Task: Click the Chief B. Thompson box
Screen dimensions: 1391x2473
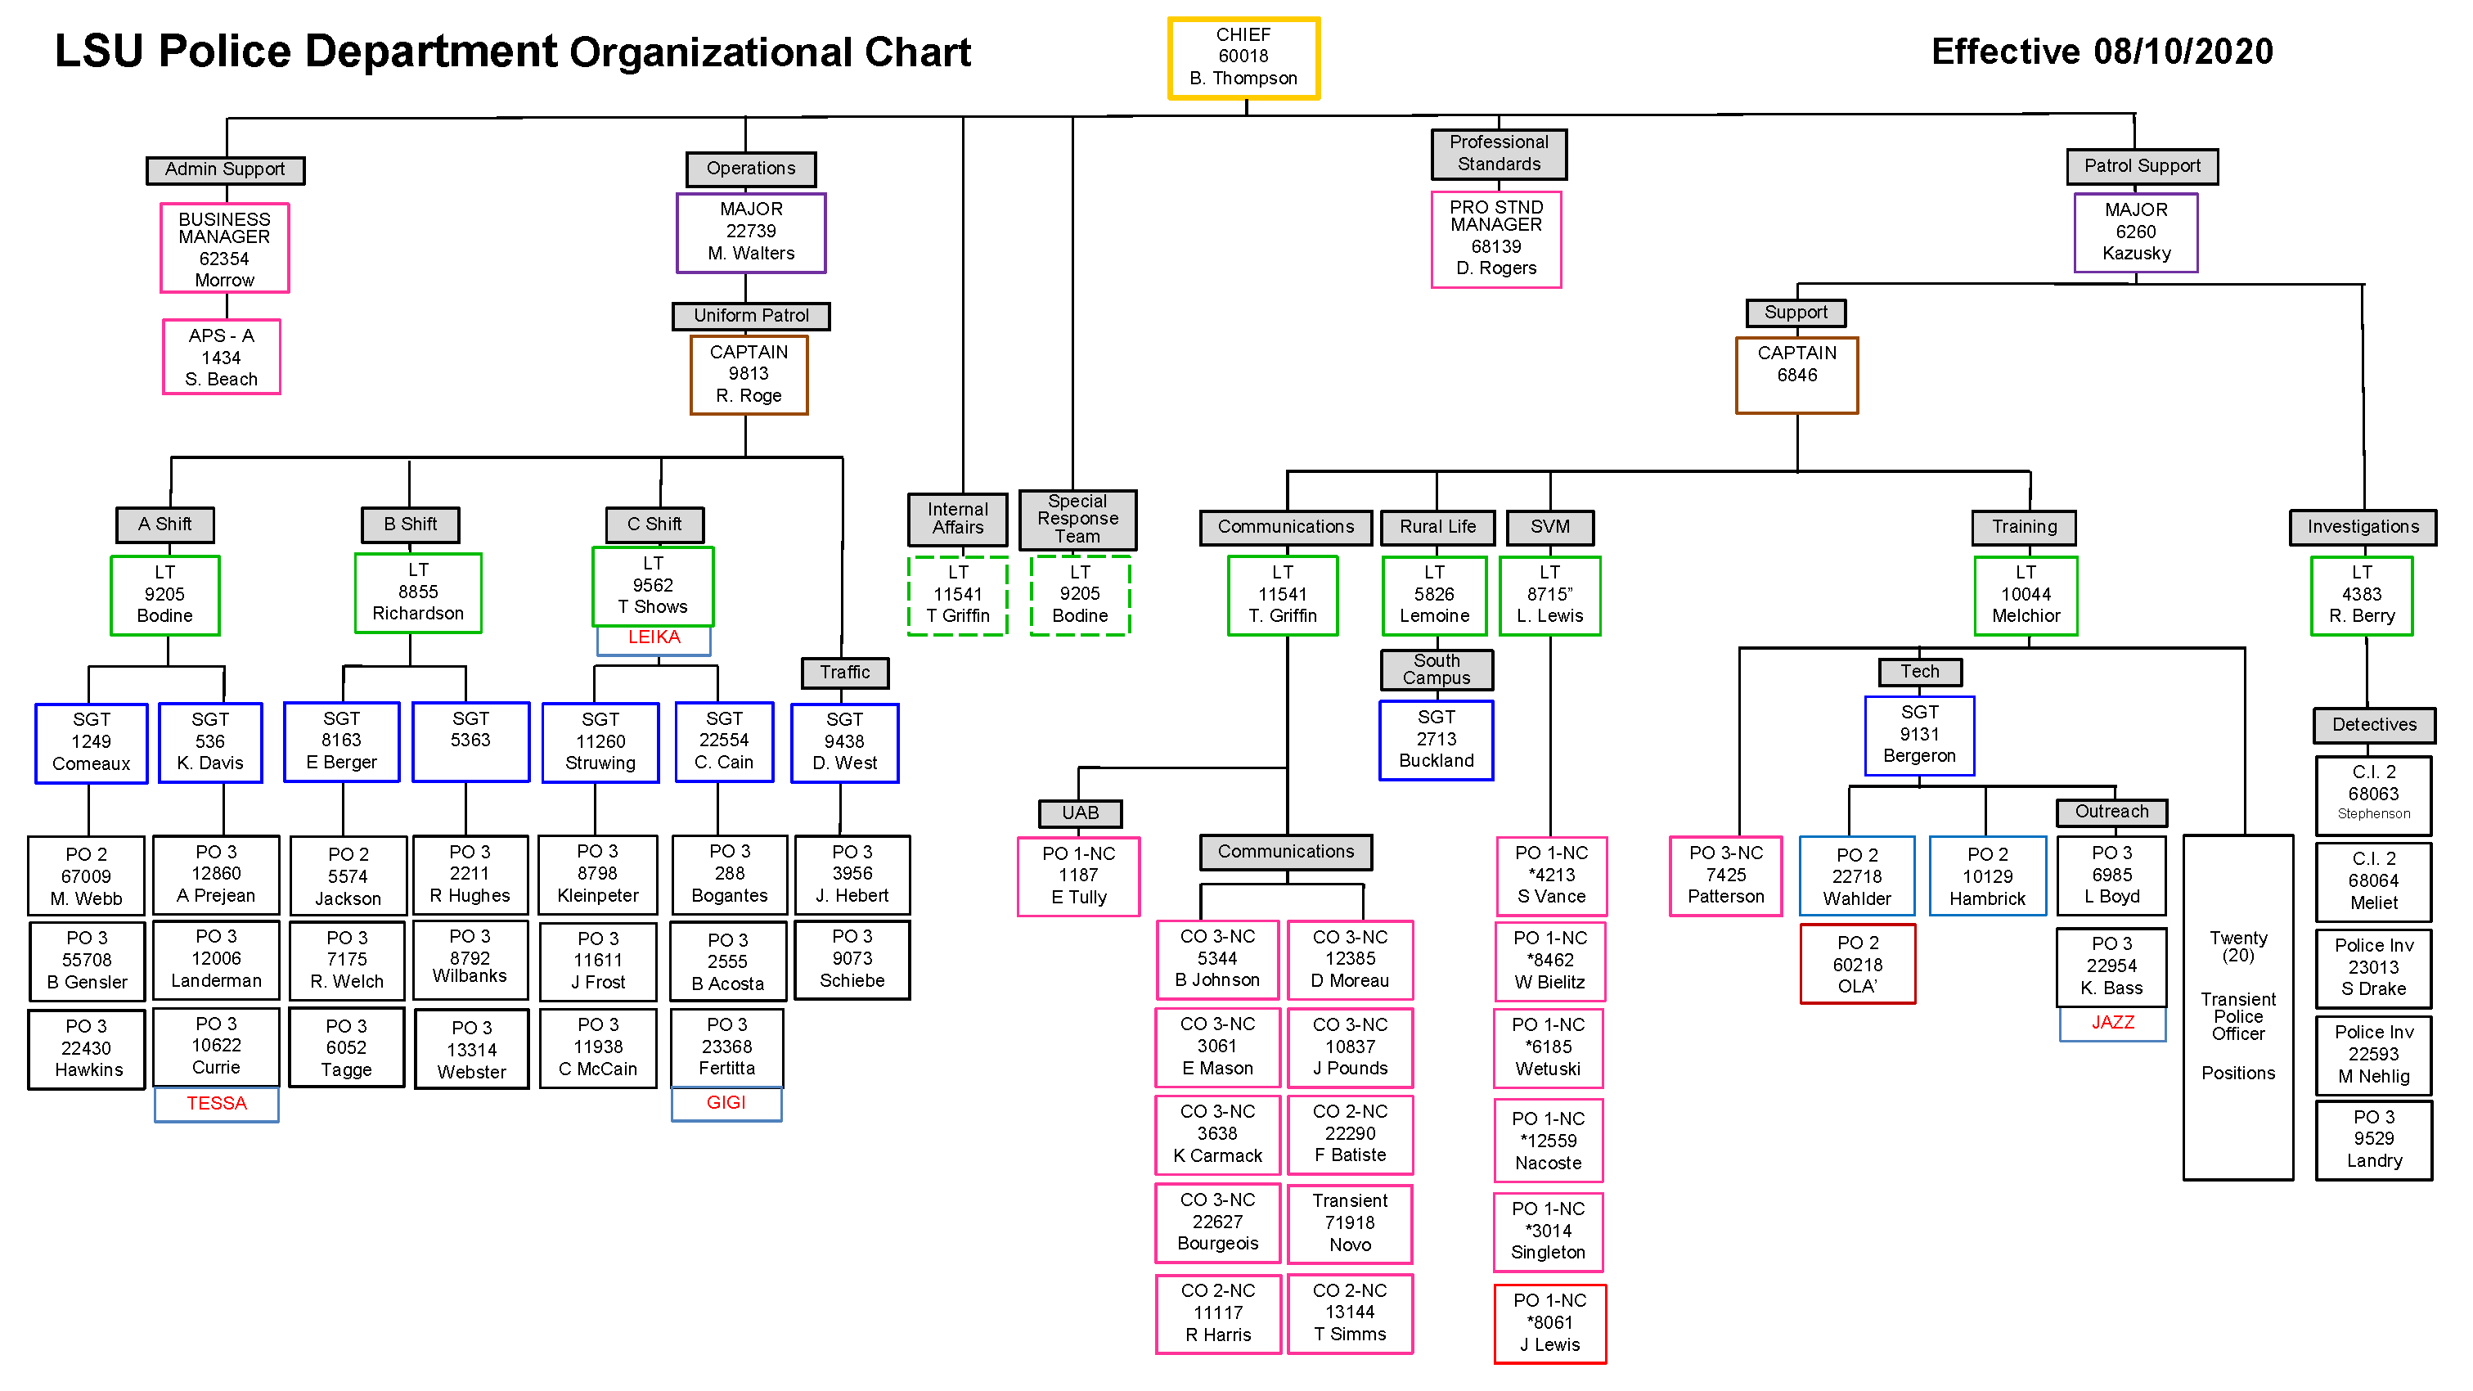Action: coord(1243,57)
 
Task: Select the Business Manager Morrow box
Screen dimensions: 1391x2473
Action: coord(225,249)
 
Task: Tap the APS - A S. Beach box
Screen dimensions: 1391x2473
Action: coord(222,357)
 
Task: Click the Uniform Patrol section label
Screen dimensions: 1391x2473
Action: coord(751,316)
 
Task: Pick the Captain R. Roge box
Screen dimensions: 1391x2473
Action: coord(749,375)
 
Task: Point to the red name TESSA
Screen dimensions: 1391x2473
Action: coord(217,1103)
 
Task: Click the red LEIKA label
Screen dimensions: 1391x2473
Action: coord(654,637)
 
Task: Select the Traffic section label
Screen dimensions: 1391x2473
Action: coord(845,672)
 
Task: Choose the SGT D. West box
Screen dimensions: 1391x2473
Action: coord(845,742)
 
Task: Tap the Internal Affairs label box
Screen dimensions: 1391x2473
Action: coord(957,519)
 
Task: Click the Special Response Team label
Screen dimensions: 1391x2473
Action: coord(1077,519)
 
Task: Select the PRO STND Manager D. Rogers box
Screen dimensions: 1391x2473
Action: coord(1495,239)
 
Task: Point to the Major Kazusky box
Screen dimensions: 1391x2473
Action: coord(2136,232)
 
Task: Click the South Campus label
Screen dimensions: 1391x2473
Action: coord(1437,669)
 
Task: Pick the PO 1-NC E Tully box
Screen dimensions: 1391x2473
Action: coord(1078,876)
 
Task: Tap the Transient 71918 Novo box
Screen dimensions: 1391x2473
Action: coord(1350,1223)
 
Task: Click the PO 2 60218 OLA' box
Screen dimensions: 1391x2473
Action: coord(1858,964)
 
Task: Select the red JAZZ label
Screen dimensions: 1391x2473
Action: coord(2113,1022)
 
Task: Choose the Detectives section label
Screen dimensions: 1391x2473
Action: coord(2374,725)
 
